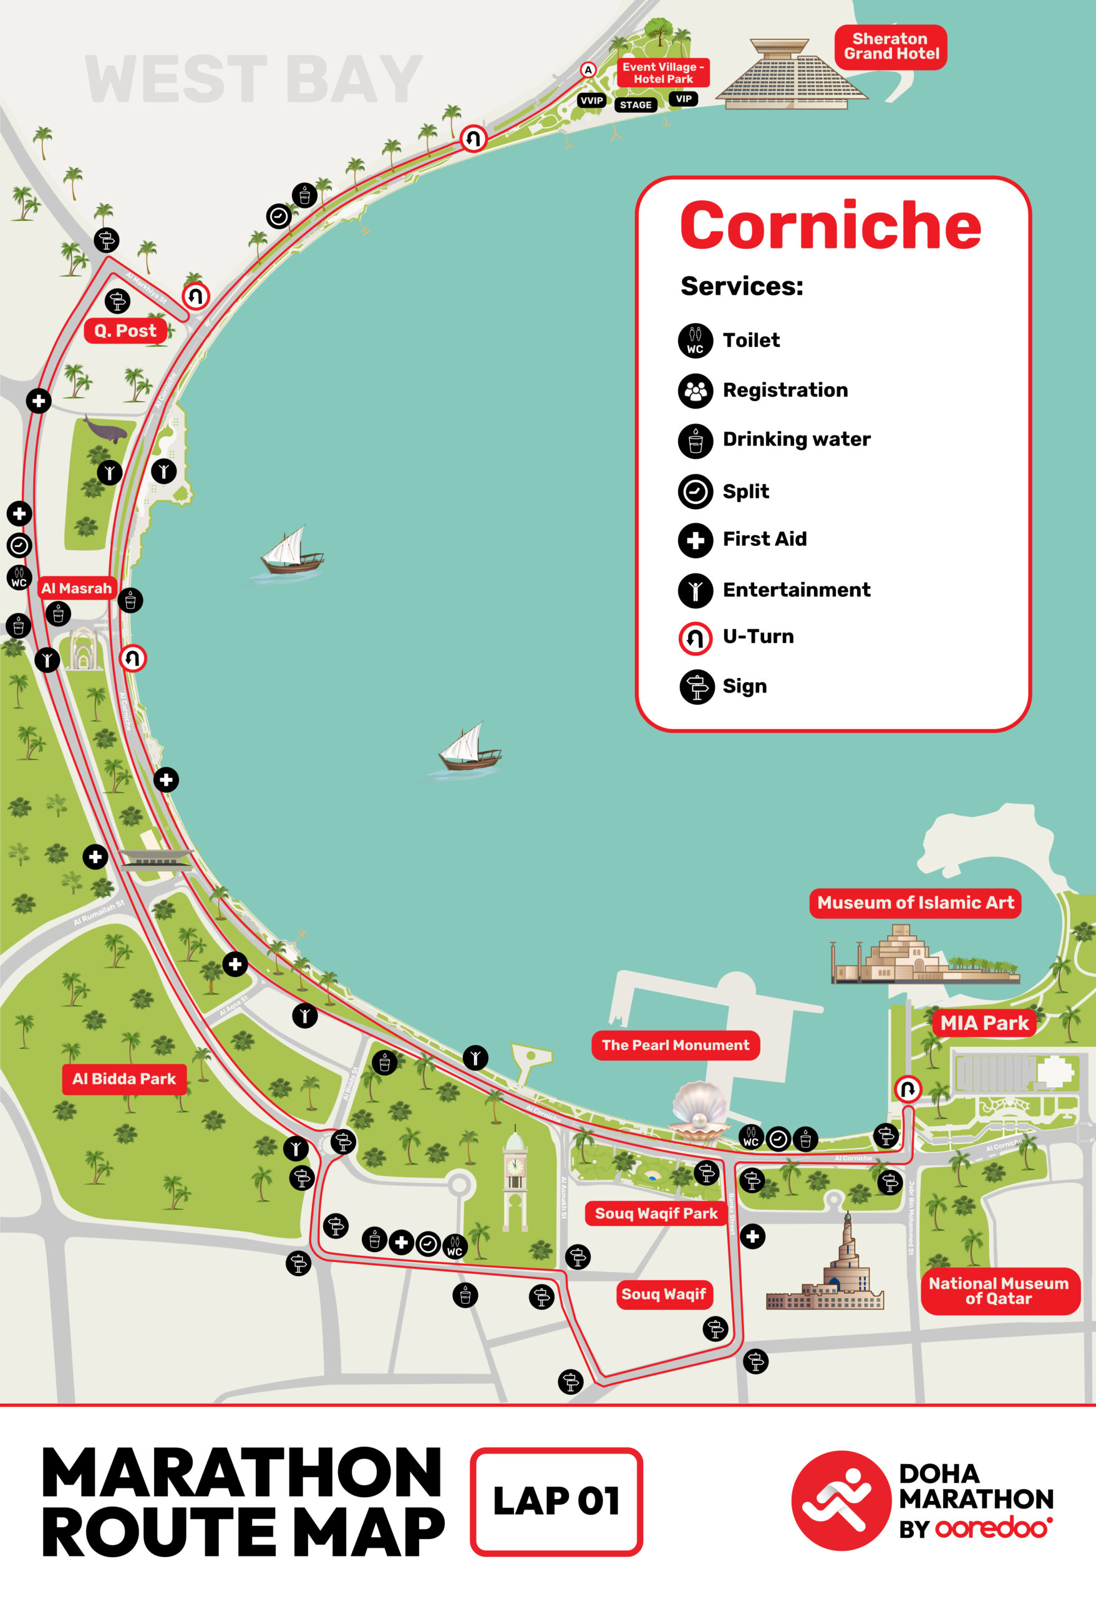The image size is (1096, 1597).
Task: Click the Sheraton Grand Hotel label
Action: [891, 47]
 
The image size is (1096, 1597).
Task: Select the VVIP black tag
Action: [591, 101]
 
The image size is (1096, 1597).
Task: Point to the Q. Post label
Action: [125, 331]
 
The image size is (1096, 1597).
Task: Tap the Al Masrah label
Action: [76, 588]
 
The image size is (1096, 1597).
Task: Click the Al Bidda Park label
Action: [124, 1078]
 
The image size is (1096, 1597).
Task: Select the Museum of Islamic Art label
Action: [914, 902]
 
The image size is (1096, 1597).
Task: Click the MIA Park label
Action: [983, 1022]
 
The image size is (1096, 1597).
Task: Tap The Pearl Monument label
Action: [675, 1044]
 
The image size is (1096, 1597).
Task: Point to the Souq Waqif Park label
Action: [656, 1213]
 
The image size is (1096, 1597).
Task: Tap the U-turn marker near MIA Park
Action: [907, 1089]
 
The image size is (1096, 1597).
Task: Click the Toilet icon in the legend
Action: [695, 341]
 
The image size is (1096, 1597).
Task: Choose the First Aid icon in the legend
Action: [695, 540]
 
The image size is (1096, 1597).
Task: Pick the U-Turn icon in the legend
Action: [695, 638]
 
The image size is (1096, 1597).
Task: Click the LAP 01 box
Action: [555, 1501]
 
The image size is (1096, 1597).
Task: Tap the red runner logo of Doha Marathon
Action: [840, 1501]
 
